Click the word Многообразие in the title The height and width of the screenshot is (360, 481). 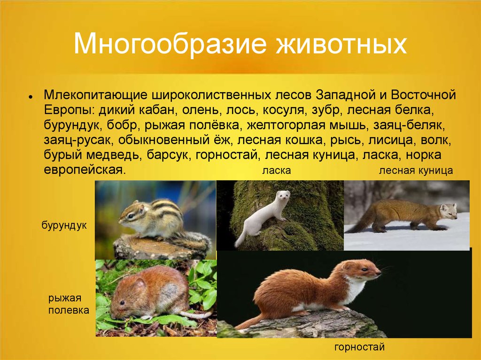[x=170, y=43]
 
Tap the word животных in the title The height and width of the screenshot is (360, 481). [x=341, y=43]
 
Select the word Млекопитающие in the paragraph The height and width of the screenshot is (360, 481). [x=96, y=95]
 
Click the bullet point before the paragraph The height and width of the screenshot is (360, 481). [x=30, y=96]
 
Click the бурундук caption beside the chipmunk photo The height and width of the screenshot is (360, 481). [x=64, y=226]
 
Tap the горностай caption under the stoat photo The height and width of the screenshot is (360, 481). [x=359, y=347]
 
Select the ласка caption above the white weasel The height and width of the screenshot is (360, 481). [x=276, y=171]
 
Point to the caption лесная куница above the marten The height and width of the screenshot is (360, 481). [x=416, y=171]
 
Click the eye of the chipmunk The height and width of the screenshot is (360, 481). [x=131, y=216]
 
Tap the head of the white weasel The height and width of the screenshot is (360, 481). [x=283, y=196]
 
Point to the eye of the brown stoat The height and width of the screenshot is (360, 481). [x=364, y=269]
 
